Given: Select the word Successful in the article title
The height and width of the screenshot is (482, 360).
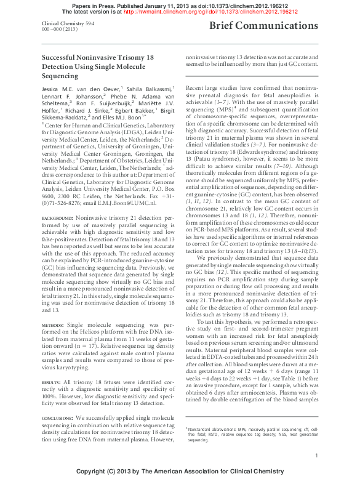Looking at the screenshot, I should pos(59,55).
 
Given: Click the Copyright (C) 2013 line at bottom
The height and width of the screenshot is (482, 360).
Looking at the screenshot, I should pos(180,472).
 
